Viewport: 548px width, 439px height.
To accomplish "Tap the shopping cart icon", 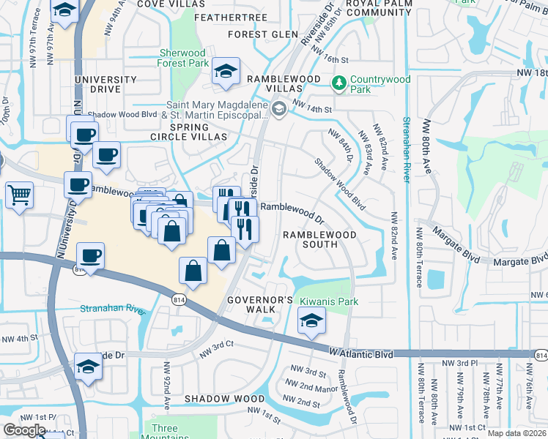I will coord(19,195).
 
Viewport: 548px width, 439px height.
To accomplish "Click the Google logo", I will coord(24,429).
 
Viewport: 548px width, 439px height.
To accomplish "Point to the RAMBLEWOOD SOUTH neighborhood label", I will coord(319,240).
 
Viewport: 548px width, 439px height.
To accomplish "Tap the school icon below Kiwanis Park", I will coord(311,320).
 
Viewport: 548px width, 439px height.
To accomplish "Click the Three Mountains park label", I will coord(164,432).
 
